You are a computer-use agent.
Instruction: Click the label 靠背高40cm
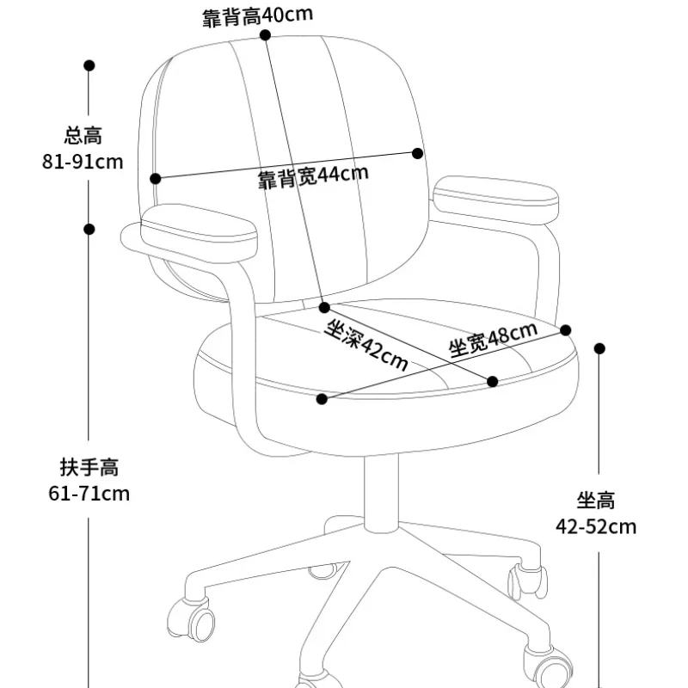tap(246, 16)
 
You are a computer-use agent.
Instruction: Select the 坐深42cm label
tap(366, 345)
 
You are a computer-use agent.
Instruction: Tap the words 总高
tap(83, 135)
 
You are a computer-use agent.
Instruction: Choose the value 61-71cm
tap(89, 494)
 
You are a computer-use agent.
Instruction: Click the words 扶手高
tap(89, 468)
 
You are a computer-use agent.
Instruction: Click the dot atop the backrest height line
tap(266, 35)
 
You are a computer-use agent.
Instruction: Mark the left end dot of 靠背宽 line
tap(156, 179)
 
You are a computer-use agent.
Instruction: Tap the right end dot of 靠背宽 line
tap(418, 153)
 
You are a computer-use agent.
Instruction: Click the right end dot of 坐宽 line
tap(566, 329)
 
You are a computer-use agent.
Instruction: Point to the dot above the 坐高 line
tap(600, 348)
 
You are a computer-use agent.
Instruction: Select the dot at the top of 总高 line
tap(89, 65)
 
